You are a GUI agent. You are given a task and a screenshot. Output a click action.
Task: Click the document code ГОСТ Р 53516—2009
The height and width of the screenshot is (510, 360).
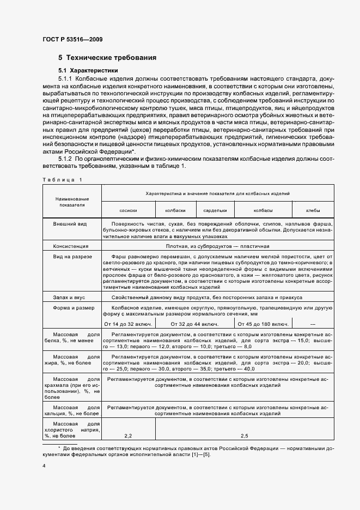72,39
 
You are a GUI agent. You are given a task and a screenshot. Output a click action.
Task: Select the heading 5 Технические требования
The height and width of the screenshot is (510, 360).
108,57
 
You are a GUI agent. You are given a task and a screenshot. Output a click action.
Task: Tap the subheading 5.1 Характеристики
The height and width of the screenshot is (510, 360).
88,70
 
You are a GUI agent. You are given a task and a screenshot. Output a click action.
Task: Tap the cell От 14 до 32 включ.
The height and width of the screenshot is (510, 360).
129,325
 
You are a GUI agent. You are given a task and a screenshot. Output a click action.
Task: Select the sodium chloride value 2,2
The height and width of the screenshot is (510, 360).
129,436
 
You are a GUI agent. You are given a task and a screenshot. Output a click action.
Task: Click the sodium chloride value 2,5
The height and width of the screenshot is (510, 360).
244,436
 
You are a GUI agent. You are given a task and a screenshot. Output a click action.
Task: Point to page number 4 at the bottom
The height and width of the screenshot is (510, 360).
44,466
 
